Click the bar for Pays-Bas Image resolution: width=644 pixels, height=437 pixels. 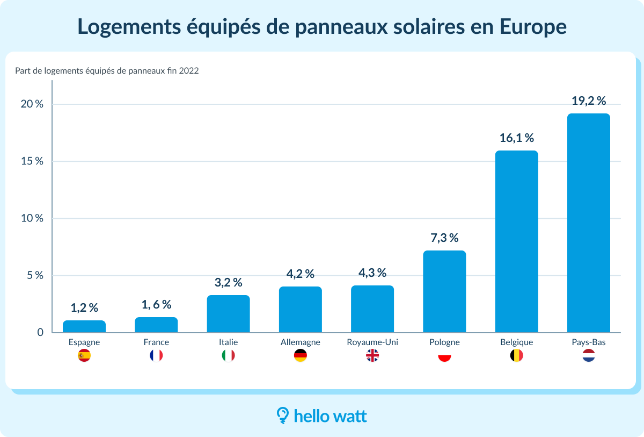click(588, 223)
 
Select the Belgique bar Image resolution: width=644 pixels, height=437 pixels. click(516, 242)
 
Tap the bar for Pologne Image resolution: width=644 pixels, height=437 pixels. click(444, 292)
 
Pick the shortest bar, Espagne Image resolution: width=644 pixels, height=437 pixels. click(84, 327)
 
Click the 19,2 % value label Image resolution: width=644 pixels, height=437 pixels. click(588, 101)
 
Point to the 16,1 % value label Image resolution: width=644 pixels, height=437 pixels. click(516, 138)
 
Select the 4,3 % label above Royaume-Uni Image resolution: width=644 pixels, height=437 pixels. click(372, 273)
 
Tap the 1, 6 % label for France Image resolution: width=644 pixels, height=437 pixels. click(156, 304)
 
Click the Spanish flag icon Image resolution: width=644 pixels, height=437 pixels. click(84, 355)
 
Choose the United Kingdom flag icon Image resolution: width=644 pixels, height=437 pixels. click(372, 355)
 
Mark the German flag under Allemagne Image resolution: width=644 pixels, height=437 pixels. click(301, 355)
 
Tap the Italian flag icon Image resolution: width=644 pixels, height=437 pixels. click(228, 355)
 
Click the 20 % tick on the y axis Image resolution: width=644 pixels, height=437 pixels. click(32, 104)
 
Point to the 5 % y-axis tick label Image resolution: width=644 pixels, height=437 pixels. click(35, 275)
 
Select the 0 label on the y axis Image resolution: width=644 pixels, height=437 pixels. click(40, 333)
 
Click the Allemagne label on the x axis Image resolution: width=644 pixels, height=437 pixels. click(301, 342)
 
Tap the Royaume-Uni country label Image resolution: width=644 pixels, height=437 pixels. click(372, 342)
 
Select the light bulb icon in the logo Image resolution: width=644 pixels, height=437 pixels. click(282, 414)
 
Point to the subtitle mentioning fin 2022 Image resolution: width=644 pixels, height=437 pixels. click(107, 70)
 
